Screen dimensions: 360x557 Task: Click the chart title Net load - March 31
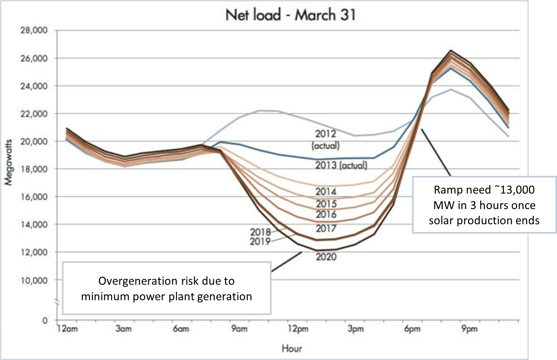[291, 15]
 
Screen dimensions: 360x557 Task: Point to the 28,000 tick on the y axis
[34, 30]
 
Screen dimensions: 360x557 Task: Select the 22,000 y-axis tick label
[34, 114]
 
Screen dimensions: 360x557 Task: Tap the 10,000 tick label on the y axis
[34, 280]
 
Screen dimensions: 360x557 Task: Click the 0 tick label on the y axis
[45, 321]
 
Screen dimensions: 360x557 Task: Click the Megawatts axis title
[8, 162]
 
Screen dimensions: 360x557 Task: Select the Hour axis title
[292, 348]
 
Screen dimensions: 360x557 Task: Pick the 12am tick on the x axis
[67, 329]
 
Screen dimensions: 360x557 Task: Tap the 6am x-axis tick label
[181, 329]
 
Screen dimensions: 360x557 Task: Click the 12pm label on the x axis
[298, 329]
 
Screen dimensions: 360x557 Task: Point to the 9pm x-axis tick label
[469, 329]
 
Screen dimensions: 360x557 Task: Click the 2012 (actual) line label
[326, 139]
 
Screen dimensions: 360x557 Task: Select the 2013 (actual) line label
[341, 165]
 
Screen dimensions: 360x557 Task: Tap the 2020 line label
[326, 257]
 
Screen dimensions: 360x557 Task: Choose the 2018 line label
[260, 232]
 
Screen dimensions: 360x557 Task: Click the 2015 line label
[326, 204]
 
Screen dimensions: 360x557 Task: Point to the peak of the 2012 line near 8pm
[451, 89]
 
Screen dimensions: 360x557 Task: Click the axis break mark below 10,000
[57, 303]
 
